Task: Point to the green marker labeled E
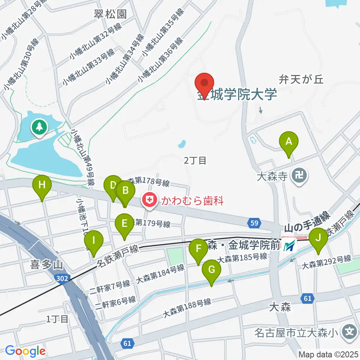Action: pos(124,224)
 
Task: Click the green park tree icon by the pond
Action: pos(39,127)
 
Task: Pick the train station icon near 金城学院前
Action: pos(289,246)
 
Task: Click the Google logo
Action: pos(25,351)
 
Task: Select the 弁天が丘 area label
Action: pos(301,79)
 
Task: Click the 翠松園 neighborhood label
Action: pos(110,14)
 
